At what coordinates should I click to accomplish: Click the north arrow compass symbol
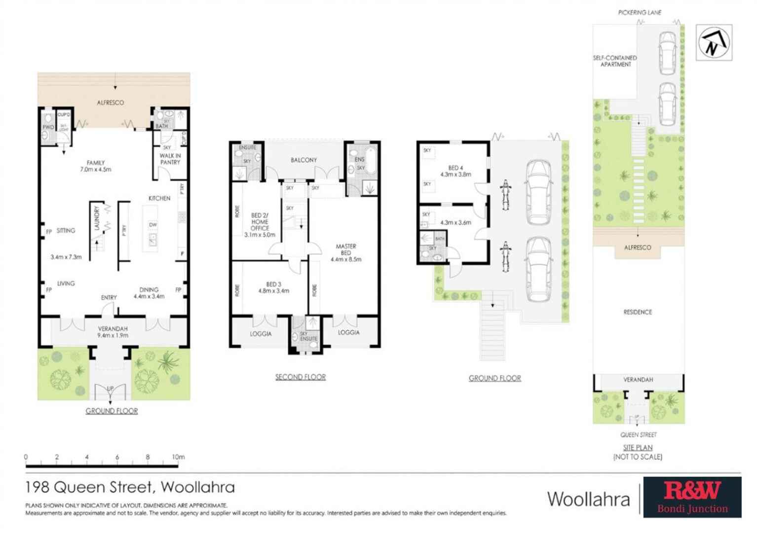(714, 43)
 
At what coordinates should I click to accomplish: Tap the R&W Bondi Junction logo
(692, 497)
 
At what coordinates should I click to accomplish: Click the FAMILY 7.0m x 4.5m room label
(96, 166)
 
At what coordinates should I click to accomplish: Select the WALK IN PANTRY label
(170, 159)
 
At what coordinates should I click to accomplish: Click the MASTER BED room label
(346, 252)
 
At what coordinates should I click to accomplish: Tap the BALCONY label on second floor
(303, 160)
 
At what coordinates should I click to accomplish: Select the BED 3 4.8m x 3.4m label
(273, 287)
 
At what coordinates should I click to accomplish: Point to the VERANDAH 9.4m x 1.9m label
(113, 332)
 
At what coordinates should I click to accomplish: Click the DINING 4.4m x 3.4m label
(149, 293)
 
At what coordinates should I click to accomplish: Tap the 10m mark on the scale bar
(178, 457)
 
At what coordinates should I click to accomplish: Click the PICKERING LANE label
(640, 12)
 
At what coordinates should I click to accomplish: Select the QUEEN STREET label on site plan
(639, 435)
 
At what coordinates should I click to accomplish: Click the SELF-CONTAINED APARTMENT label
(615, 61)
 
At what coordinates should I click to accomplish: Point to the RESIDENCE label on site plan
(638, 312)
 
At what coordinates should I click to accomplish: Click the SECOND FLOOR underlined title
(301, 377)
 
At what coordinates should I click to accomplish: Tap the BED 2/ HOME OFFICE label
(260, 225)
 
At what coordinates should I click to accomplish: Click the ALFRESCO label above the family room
(111, 103)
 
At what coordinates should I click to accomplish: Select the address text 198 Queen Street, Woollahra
(130, 487)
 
